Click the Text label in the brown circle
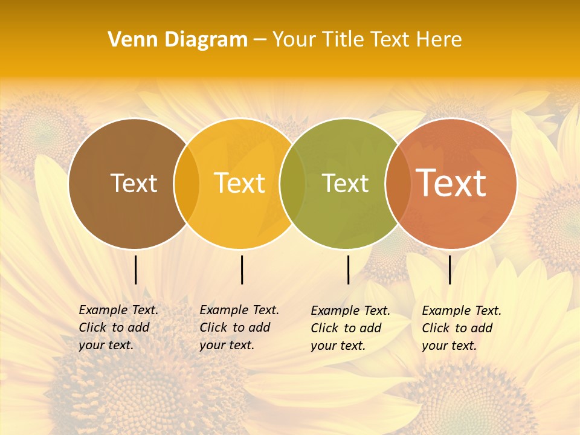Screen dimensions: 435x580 [x=134, y=183]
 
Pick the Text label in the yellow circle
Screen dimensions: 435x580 [x=240, y=183]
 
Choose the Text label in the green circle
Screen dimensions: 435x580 [x=346, y=183]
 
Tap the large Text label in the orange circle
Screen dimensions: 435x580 [x=451, y=182]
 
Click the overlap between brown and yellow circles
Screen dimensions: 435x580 [x=187, y=183]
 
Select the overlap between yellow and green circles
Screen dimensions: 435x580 [x=292, y=183]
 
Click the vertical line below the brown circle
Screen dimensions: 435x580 [x=136, y=269]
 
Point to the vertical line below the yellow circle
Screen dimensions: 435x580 [x=242, y=269]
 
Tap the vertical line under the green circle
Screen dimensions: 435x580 [x=349, y=269]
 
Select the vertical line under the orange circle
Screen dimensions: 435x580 [x=450, y=269]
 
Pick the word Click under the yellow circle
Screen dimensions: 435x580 [x=213, y=327]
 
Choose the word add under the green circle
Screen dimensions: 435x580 [x=369, y=328]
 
